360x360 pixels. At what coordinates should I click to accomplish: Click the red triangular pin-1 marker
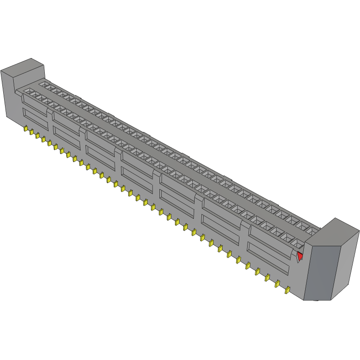pyautogui.click(x=300, y=256)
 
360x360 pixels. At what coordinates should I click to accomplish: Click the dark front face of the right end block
pyautogui.click(x=322, y=272)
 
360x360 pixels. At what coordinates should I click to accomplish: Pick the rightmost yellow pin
pyautogui.click(x=287, y=290)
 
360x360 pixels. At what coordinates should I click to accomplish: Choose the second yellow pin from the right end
pyautogui.click(x=277, y=284)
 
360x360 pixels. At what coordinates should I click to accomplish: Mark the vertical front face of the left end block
pyautogui.click(x=9, y=96)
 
